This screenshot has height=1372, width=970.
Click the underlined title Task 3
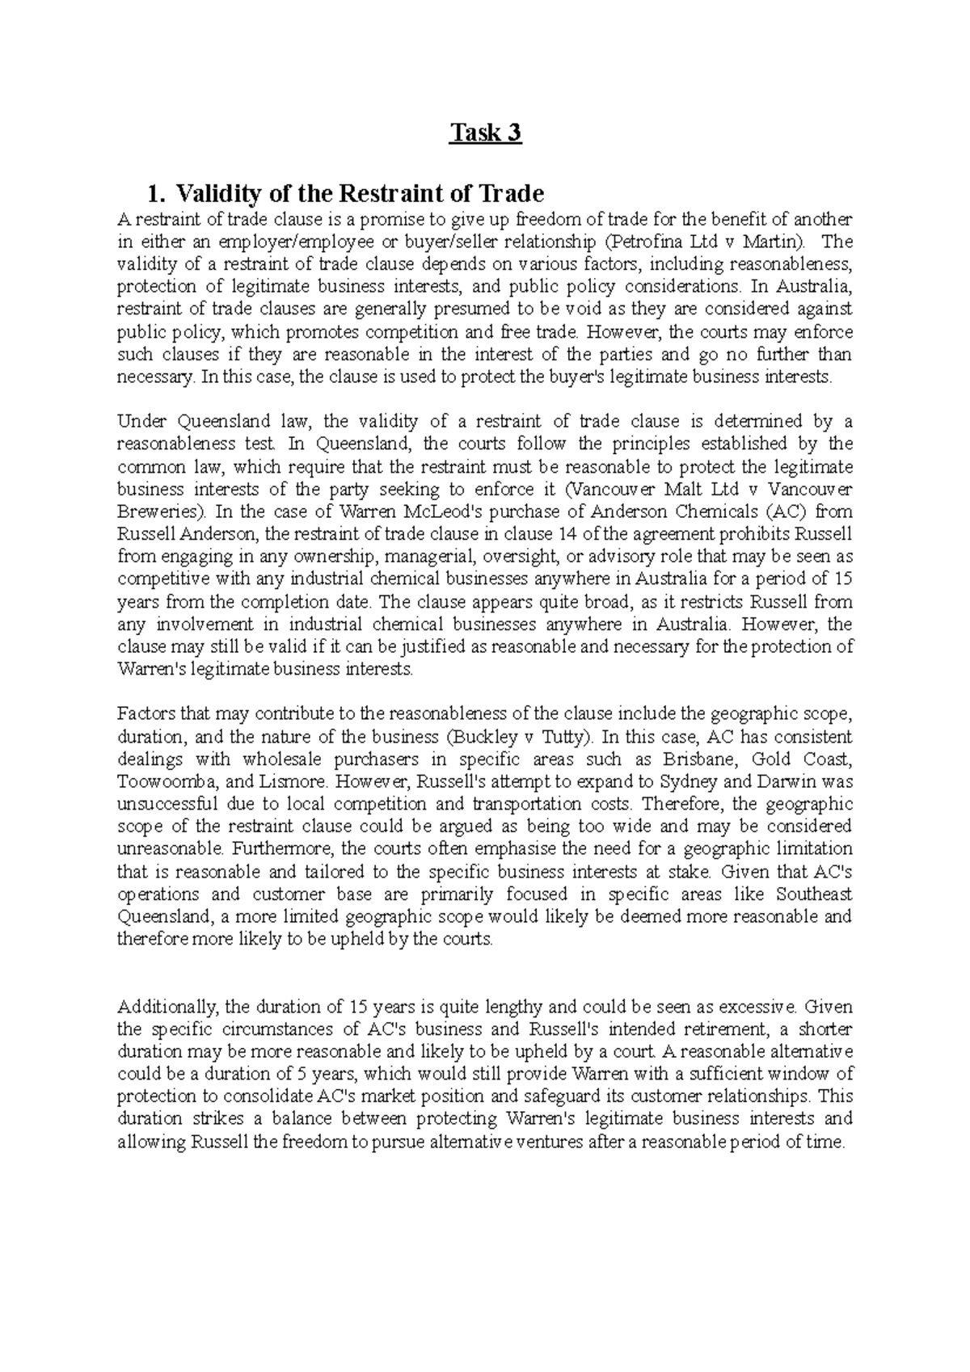(485, 133)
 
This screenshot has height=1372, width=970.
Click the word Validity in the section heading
(213, 194)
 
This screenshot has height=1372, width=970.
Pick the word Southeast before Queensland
(814, 894)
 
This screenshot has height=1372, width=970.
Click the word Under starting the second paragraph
(141, 421)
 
